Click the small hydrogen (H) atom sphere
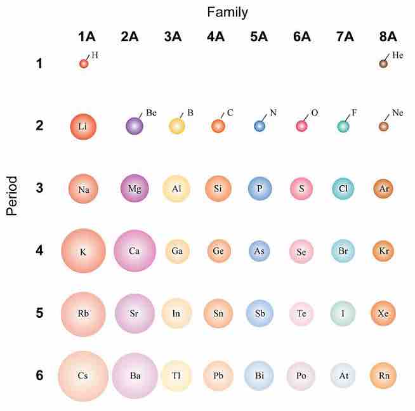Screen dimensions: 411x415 click(x=83, y=63)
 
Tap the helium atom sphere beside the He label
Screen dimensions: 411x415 click(x=383, y=63)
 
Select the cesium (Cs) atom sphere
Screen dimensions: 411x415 click(x=83, y=375)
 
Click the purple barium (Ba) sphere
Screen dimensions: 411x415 click(x=135, y=375)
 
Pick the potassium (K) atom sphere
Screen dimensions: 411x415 click(x=83, y=251)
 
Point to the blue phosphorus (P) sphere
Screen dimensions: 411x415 click(x=260, y=188)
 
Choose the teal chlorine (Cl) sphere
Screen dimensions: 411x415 click(x=343, y=188)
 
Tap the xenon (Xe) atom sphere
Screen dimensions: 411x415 click(x=383, y=313)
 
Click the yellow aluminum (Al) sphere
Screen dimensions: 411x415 click(x=176, y=188)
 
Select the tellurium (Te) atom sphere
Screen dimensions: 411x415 click(x=301, y=313)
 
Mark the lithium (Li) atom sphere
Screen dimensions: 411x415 click(x=83, y=126)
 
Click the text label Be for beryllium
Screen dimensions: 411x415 click(x=151, y=113)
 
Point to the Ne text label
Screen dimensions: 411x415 click(x=397, y=113)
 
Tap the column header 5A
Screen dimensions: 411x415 click(x=259, y=36)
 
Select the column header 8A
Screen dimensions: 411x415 click(x=383, y=36)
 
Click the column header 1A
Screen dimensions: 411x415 click(x=86, y=36)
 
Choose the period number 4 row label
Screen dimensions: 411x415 click(x=39, y=251)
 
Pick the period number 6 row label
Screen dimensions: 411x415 click(x=39, y=375)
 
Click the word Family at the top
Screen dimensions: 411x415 click(x=227, y=12)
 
